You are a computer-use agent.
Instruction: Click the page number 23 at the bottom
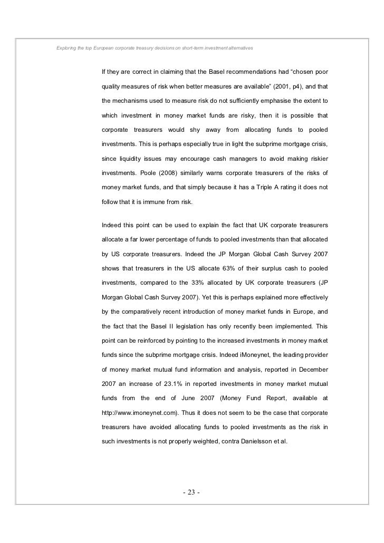pos(191,493)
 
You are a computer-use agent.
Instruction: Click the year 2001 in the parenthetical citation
pos(282,86)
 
